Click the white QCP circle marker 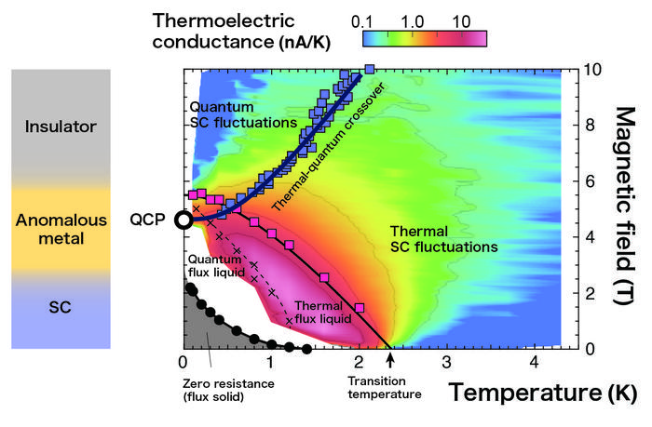click(184, 220)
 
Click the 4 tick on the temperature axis click(534, 361)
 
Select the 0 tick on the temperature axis click(183, 361)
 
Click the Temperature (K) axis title click(544, 393)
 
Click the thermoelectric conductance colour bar click(424, 38)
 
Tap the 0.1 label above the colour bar click(365, 20)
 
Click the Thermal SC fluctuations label click(428, 238)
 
